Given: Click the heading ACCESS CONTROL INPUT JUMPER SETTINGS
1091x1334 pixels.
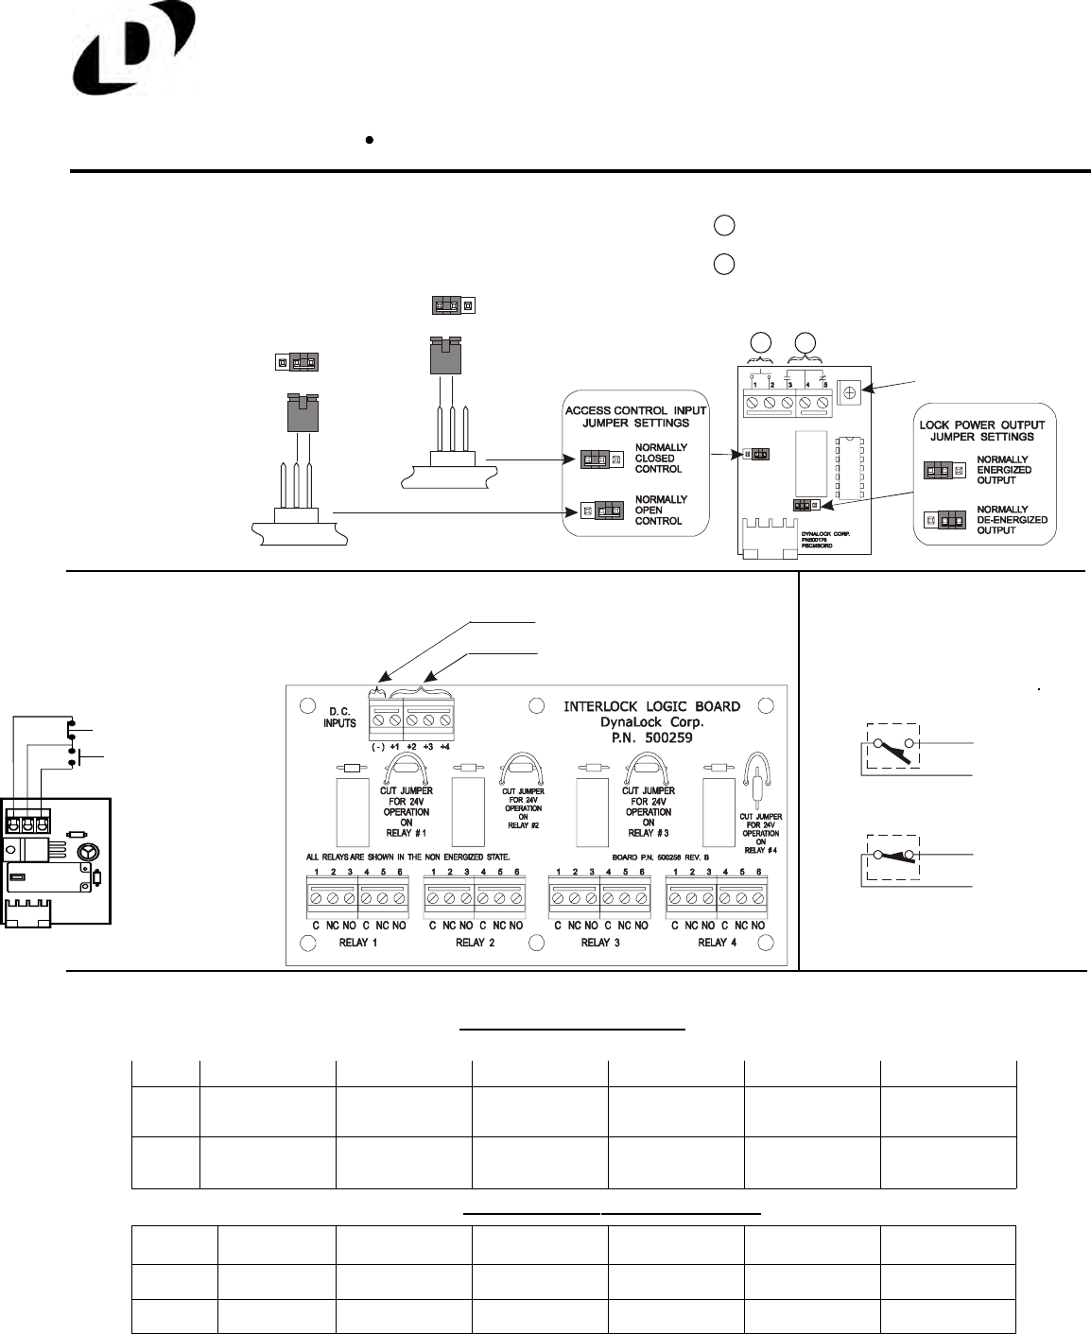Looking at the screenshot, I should (x=635, y=417).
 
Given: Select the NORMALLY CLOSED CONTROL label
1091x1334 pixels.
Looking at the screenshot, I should (x=661, y=459).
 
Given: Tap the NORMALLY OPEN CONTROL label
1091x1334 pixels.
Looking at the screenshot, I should (x=659, y=511).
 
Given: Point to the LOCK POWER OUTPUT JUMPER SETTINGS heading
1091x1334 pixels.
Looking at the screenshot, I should (x=982, y=431).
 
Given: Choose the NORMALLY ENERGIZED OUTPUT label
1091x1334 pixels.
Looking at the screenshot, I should (x=1003, y=470).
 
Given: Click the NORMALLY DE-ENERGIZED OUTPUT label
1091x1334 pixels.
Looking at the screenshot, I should (x=1011, y=520).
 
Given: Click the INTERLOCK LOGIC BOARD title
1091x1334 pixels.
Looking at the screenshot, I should (x=651, y=706).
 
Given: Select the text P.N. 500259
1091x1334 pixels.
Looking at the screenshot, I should (x=651, y=736).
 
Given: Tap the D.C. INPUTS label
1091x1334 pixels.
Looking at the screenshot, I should (x=339, y=717).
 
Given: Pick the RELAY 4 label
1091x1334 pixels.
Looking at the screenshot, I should (x=717, y=943).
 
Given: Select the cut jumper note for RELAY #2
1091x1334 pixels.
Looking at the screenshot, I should (x=523, y=808).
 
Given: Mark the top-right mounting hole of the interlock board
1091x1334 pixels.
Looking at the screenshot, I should (x=767, y=706).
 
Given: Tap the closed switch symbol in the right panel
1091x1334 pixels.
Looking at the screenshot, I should (x=892, y=857).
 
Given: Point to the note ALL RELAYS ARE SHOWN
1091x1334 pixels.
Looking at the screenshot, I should (x=407, y=857).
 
